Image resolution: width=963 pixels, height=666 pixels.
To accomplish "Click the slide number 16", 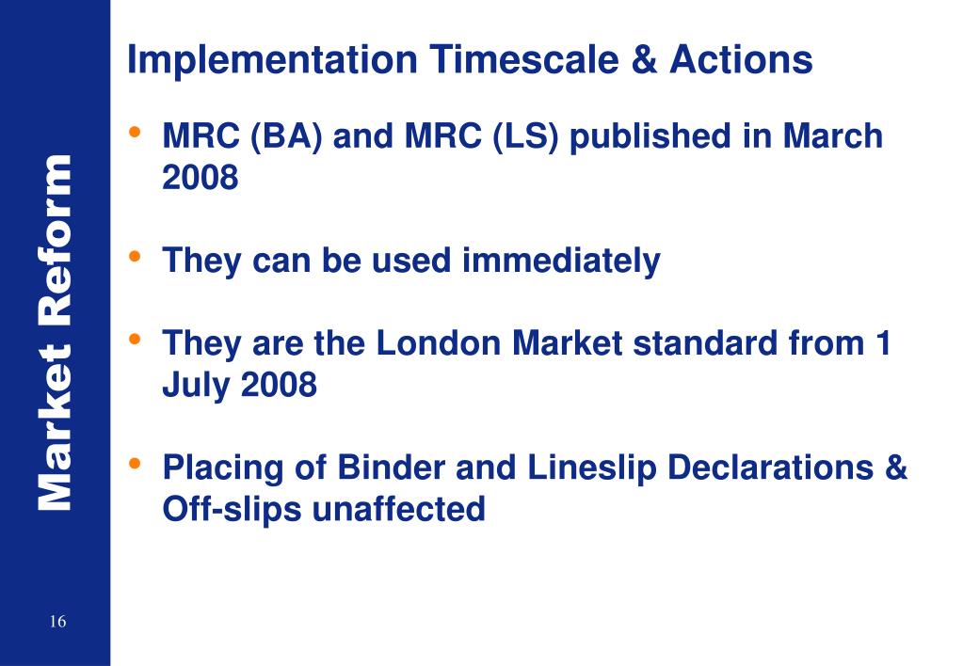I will (x=58, y=622).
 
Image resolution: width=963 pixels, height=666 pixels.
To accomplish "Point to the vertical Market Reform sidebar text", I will (x=55, y=334).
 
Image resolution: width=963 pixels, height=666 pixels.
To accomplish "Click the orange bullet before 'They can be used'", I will (x=136, y=256).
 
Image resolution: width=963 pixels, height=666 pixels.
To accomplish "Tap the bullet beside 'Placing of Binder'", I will (x=136, y=463).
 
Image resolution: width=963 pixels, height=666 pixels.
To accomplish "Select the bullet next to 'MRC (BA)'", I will (x=136, y=132).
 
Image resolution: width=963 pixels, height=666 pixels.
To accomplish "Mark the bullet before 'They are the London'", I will (x=136, y=339).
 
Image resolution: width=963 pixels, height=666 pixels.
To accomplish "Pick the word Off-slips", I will (x=232, y=510).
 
